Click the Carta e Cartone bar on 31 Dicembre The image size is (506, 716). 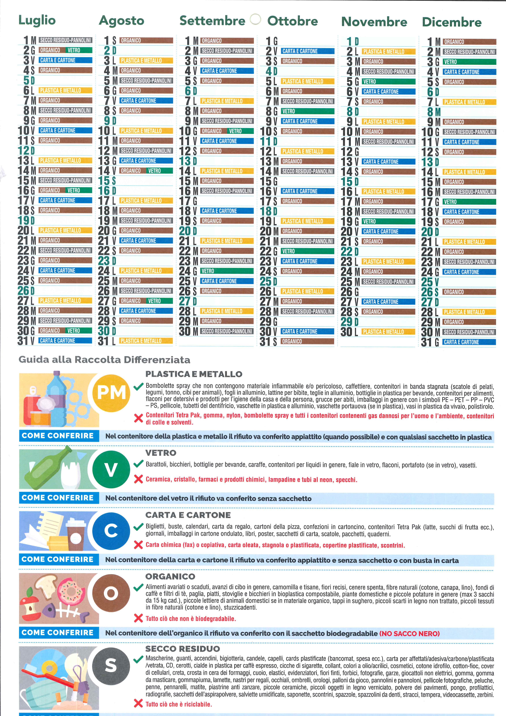pos(469,342)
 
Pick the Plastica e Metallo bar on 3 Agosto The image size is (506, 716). pos(146,60)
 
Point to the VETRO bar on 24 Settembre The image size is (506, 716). pos(227,271)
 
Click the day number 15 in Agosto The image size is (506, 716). pos(104,181)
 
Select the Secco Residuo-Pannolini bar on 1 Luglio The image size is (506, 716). pos(65,40)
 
